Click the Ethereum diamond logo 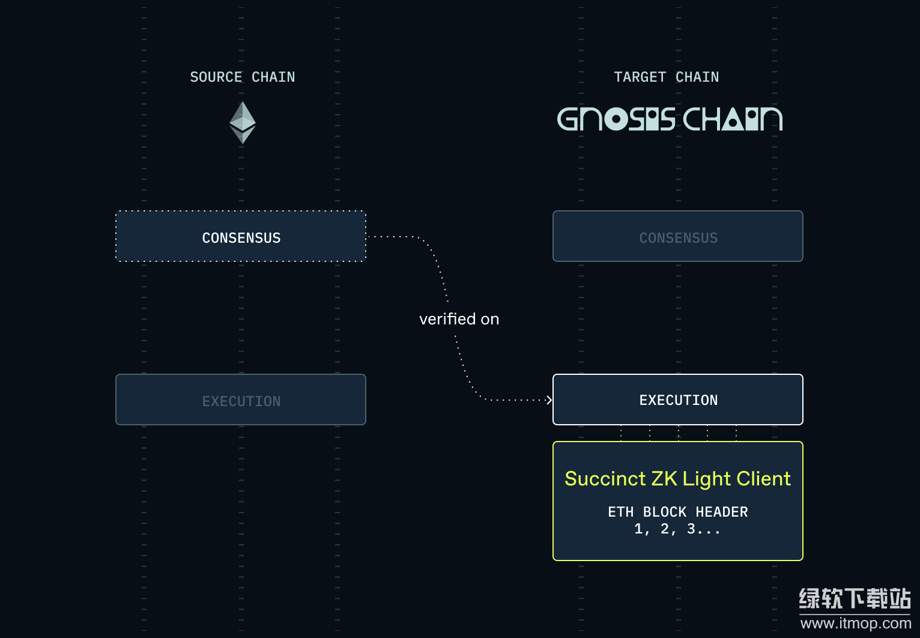(243, 122)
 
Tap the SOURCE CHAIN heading (242, 77)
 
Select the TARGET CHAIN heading (666, 77)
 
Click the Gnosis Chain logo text (670, 119)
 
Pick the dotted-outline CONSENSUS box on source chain (241, 237)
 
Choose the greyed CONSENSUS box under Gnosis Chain (677, 237)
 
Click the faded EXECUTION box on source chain (241, 400)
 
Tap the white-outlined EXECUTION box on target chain (677, 400)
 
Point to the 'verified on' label (459, 319)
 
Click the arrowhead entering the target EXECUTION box (549, 400)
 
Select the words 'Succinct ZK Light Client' (677, 479)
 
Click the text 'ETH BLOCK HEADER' (677, 512)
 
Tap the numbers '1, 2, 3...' (677, 529)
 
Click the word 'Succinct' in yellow (605, 479)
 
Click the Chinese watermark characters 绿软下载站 (855, 598)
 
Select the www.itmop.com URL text (855, 623)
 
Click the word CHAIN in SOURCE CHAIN (273, 77)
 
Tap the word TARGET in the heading (640, 77)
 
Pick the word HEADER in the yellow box (721, 512)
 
